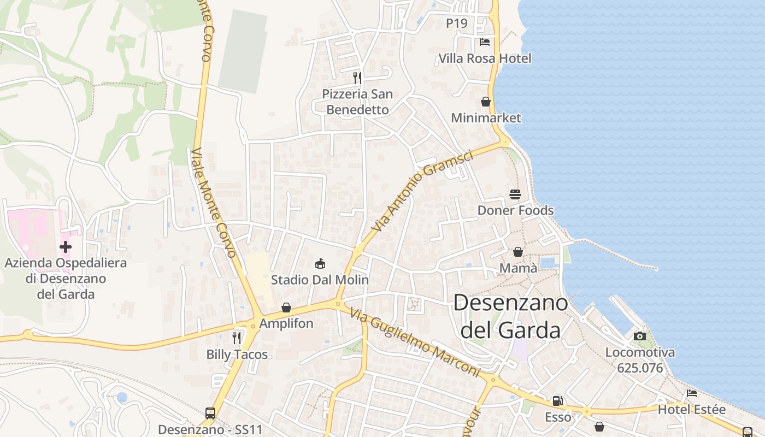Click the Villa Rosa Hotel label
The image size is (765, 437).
click(485, 58)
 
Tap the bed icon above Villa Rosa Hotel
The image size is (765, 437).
click(485, 42)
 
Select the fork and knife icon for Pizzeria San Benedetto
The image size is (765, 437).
click(357, 78)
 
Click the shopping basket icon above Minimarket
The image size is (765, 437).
click(486, 102)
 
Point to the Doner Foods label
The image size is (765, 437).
click(515, 210)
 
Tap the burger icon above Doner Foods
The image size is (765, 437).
click(515, 194)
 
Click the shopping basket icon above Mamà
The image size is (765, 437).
click(518, 252)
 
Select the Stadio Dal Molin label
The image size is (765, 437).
click(320, 280)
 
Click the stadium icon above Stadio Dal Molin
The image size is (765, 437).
click(320, 264)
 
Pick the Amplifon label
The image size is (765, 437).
click(286, 323)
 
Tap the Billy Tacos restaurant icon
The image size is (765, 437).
click(237, 338)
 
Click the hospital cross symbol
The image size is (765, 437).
click(66, 247)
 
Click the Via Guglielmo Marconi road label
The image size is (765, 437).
click(415, 343)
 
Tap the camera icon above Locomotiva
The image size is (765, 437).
click(640, 336)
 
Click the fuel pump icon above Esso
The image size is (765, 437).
click(558, 401)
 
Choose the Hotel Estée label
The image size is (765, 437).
click(691, 410)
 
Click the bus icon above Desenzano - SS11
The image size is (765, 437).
click(210, 414)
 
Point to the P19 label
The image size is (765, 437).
click(457, 23)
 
